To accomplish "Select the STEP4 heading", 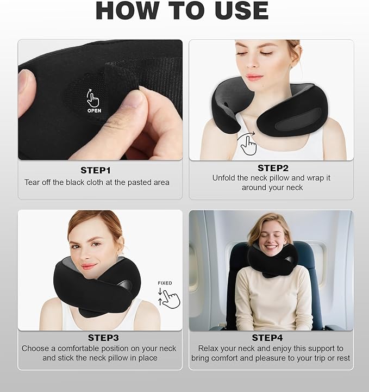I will pyautogui.click(x=271, y=338).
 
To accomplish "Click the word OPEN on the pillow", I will pyautogui.click(x=94, y=110).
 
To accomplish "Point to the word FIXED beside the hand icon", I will pyautogui.click(x=165, y=283).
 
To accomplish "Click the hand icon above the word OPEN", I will pyautogui.click(x=93, y=98).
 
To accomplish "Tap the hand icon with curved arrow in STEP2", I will pyautogui.click(x=248, y=145).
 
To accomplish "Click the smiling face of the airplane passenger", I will pyautogui.click(x=270, y=235).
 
